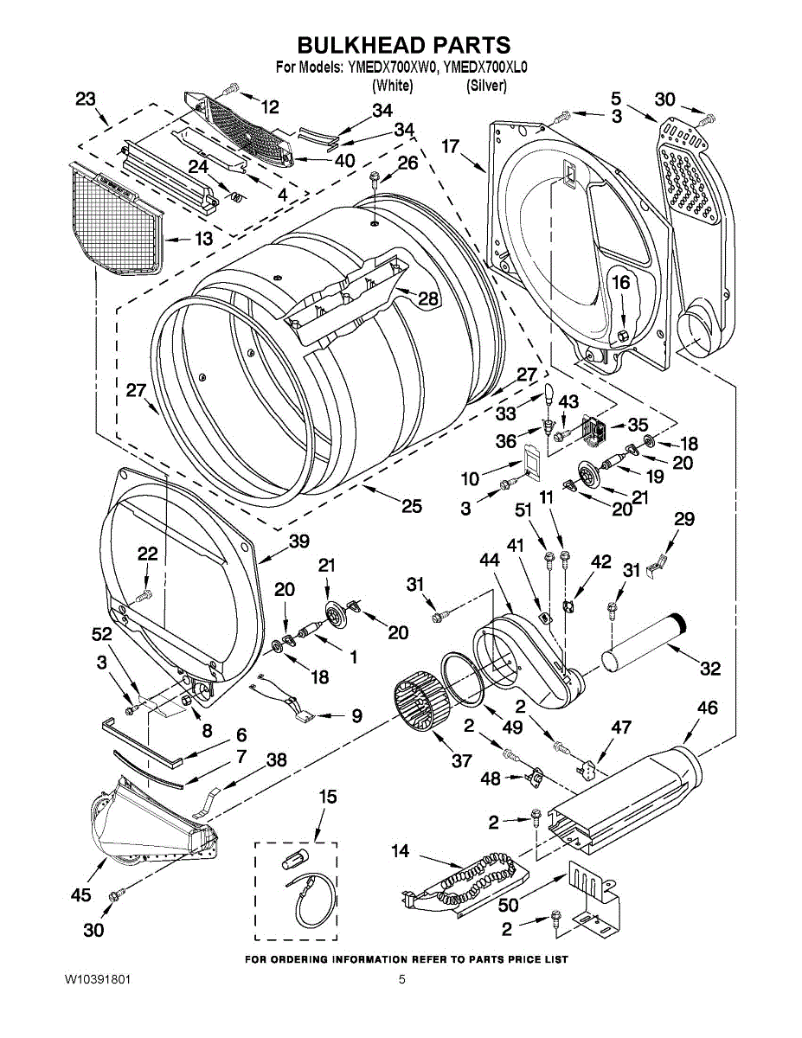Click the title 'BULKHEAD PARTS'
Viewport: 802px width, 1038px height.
tap(404, 45)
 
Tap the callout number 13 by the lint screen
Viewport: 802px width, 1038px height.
tap(203, 239)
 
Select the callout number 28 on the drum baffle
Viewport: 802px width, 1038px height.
tap(428, 298)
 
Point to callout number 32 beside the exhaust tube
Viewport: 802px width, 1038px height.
tap(709, 669)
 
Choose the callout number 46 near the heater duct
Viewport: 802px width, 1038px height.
tap(708, 708)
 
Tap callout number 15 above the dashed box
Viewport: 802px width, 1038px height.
tap(328, 797)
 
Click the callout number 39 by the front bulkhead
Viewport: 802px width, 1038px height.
tap(299, 541)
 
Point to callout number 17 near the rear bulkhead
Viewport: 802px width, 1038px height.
tap(451, 145)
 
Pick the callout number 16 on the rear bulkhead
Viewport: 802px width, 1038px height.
tap(621, 283)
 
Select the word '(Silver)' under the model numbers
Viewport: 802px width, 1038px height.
tap(486, 86)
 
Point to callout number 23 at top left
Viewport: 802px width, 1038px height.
tap(86, 99)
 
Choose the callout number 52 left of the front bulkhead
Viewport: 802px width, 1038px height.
tap(101, 634)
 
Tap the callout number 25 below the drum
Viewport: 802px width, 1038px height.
tap(412, 506)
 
